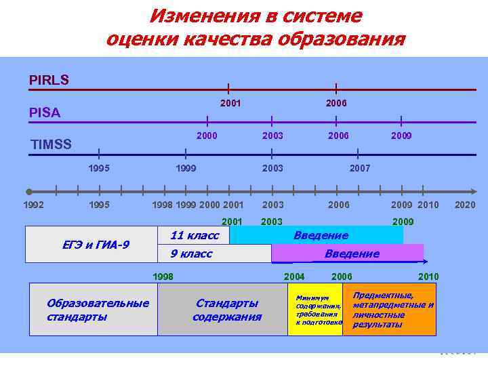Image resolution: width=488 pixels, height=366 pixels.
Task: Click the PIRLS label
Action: [49, 80]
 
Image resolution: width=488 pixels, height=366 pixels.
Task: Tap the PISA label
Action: [45, 113]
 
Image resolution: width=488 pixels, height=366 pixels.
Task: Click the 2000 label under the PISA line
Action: [207, 136]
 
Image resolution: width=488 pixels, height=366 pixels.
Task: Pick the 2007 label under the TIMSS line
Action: [359, 167]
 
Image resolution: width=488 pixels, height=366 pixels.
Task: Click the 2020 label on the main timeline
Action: [465, 204]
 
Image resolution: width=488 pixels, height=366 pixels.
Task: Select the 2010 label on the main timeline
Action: [428, 204]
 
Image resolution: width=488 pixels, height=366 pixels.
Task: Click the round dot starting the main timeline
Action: [29, 192]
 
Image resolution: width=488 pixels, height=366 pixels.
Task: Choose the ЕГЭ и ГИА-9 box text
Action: [91, 245]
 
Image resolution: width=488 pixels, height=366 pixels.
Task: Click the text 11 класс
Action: [195, 235]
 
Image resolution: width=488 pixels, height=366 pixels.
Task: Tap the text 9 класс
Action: [191, 253]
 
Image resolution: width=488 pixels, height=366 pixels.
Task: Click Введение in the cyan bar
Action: [321, 235]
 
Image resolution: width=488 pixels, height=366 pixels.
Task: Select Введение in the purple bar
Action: [352, 253]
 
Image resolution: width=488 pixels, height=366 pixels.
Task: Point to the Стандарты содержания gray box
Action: [226, 310]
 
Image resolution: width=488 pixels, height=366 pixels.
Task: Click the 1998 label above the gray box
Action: [163, 277]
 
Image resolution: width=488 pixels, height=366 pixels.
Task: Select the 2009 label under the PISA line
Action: [402, 136]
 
